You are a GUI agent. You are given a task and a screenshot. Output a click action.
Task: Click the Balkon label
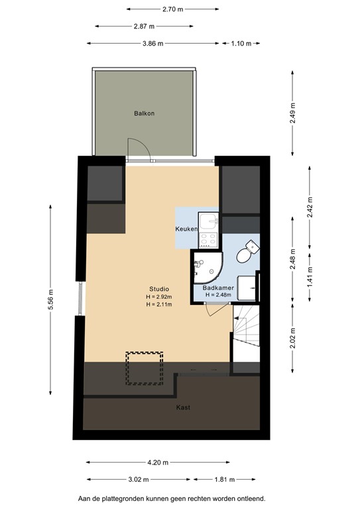tap(144, 113)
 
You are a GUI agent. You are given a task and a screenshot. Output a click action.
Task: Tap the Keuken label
tap(186, 229)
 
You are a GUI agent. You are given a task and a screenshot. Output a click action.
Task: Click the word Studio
tap(158, 289)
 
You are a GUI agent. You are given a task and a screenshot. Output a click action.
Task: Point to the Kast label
tap(183, 408)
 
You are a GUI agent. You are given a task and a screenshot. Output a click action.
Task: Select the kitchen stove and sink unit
tap(210, 229)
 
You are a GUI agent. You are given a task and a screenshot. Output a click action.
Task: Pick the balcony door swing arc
tap(135, 148)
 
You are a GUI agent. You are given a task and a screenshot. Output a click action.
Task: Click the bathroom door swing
tap(216, 309)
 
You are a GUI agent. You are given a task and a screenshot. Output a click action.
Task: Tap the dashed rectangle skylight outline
tap(145, 368)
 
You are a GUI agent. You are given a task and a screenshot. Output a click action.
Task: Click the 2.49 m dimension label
tap(292, 113)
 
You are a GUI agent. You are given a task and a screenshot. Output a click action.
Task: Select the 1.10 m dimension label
tap(241, 43)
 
